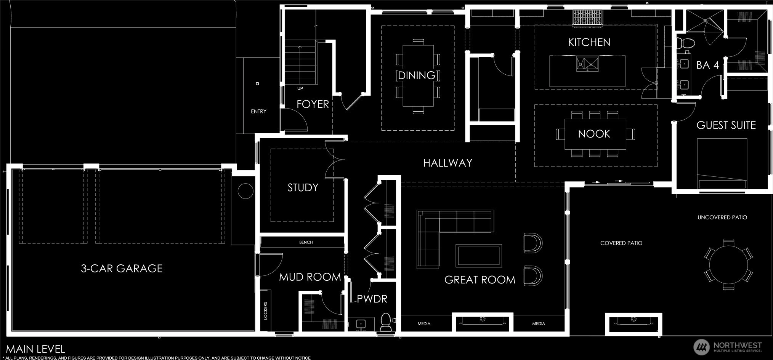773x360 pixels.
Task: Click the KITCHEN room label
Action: click(589, 42)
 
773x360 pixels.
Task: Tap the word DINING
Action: click(417, 75)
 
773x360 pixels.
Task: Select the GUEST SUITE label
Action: click(726, 125)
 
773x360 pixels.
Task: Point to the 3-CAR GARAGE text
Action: click(122, 269)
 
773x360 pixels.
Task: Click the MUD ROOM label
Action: click(310, 277)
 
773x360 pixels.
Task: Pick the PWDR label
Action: click(372, 299)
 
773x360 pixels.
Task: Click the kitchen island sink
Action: click(587, 64)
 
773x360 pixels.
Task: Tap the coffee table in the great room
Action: click(479, 256)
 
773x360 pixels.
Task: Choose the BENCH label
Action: click(306, 242)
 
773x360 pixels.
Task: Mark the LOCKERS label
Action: click(266, 310)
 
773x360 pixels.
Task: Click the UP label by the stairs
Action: click(300, 88)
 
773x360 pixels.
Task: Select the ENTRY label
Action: click(258, 111)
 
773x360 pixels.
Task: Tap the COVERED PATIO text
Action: click(621, 243)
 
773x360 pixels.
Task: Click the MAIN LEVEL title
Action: click(35, 349)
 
